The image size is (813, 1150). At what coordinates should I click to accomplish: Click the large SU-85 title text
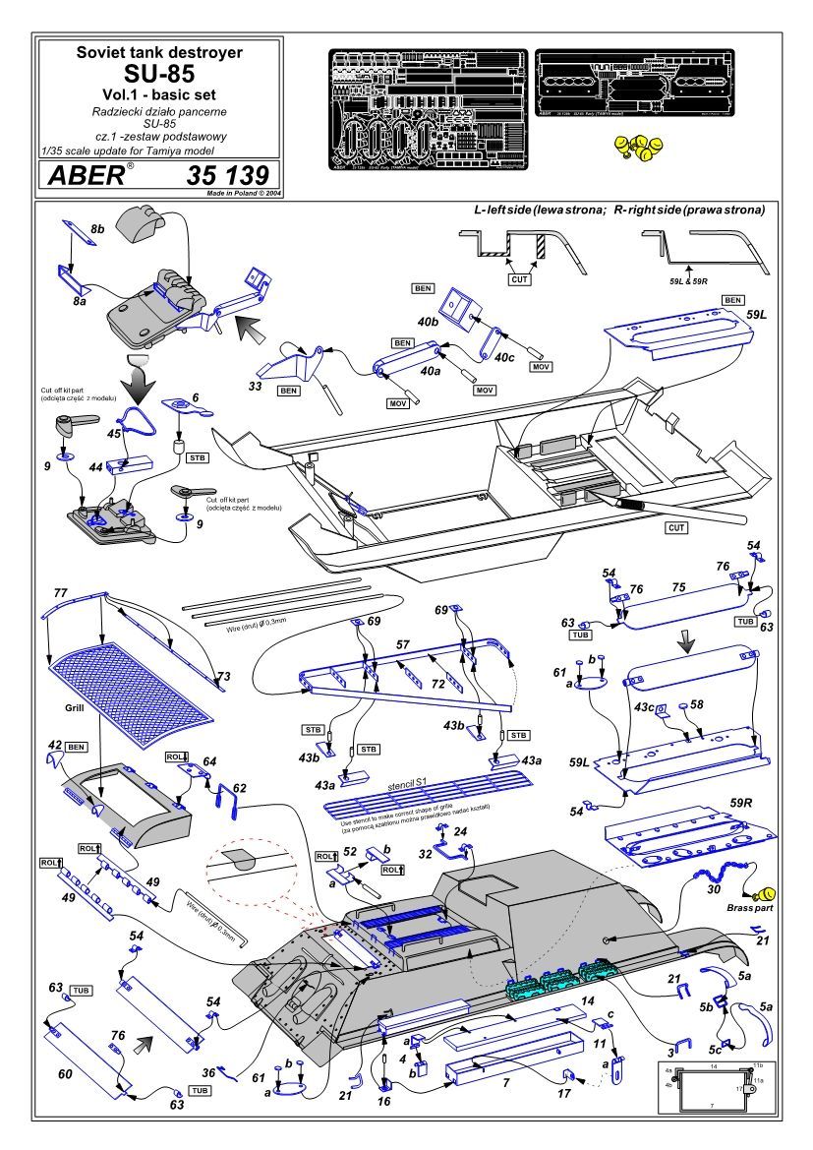click(159, 74)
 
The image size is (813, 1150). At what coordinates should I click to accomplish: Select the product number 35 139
click(225, 176)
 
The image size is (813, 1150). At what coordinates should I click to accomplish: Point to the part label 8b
click(97, 228)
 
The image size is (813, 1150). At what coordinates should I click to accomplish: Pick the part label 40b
click(428, 321)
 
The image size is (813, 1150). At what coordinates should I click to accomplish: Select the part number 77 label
click(61, 594)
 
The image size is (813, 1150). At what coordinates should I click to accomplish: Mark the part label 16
click(383, 1101)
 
